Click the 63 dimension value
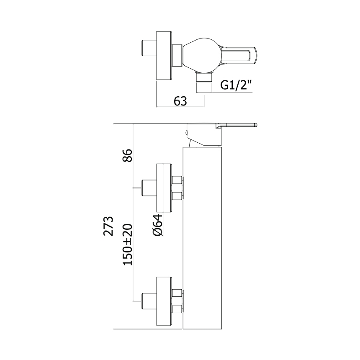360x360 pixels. click(x=180, y=101)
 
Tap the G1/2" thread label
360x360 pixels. click(x=236, y=85)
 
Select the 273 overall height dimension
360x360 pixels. click(x=108, y=226)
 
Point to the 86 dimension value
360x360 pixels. click(x=127, y=155)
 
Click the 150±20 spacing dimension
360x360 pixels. click(x=127, y=244)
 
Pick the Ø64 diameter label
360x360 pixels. click(x=157, y=225)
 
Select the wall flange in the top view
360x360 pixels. click(x=164, y=56)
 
